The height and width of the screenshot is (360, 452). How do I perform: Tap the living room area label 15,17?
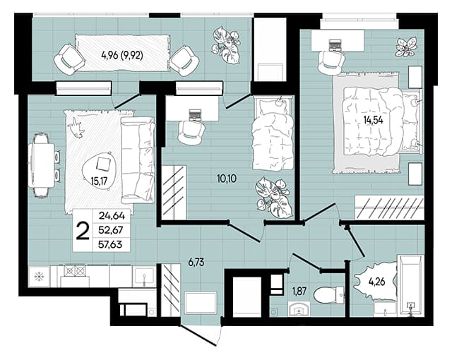pyautogui.click(x=99, y=181)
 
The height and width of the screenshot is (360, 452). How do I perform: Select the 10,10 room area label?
pyautogui.click(x=227, y=179)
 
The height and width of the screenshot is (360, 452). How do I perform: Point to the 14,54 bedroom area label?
pyautogui.click(x=374, y=120)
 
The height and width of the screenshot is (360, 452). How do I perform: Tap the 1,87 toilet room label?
pyautogui.click(x=299, y=292)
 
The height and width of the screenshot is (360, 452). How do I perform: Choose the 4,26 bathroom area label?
pyautogui.click(x=376, y=282)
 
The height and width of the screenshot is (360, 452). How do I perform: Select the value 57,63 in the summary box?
pyautogui.click(x=110, y=245)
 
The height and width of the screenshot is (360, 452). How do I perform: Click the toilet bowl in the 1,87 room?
pyautogui.click(x=328, y=295)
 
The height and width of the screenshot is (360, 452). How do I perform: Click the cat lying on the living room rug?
pyautogui.click(x=76, y=127)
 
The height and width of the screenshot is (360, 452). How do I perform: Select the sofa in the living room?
pyautogui.click(x=138, y=160)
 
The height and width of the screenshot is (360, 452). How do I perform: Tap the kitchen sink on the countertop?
pyautogui.click(x=144, y=276)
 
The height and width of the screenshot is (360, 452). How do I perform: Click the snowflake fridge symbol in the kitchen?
pyautogui.click(x=38, y=277)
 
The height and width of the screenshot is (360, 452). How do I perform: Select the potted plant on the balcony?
pyautogui.click(x=226, y=44)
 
